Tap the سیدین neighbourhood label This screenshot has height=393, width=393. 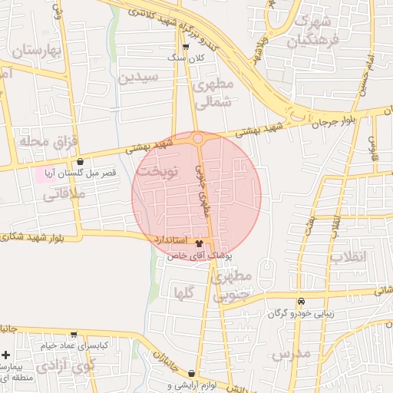coord(138,77)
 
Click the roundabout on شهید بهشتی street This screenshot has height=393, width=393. coord(198,139)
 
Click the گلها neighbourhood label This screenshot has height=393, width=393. coord(183,292)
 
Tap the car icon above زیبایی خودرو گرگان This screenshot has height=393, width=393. coord(301,301)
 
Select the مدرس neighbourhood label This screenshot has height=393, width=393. coord(291,355)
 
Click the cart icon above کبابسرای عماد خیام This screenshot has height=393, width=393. coord(74,335)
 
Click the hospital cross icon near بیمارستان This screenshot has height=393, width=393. coord(5,356)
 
